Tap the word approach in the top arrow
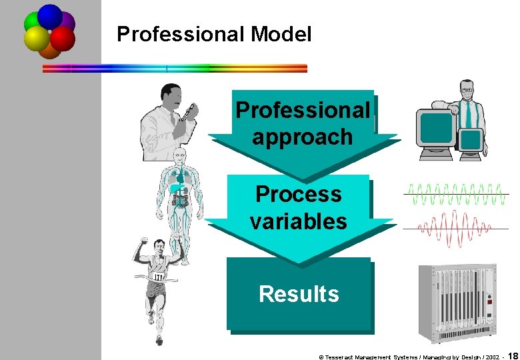[x=302, y=137]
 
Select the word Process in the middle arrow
[x=298, y=194]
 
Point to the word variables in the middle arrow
[x=298, y=221]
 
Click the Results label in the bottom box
[x=299, y=294]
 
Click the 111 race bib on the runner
[x=158, y=277]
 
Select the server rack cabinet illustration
[x=456, y=303]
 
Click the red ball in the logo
[x=61, y=39]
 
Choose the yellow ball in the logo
[x=37, y=39]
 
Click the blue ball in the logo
[x=49, y=16]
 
